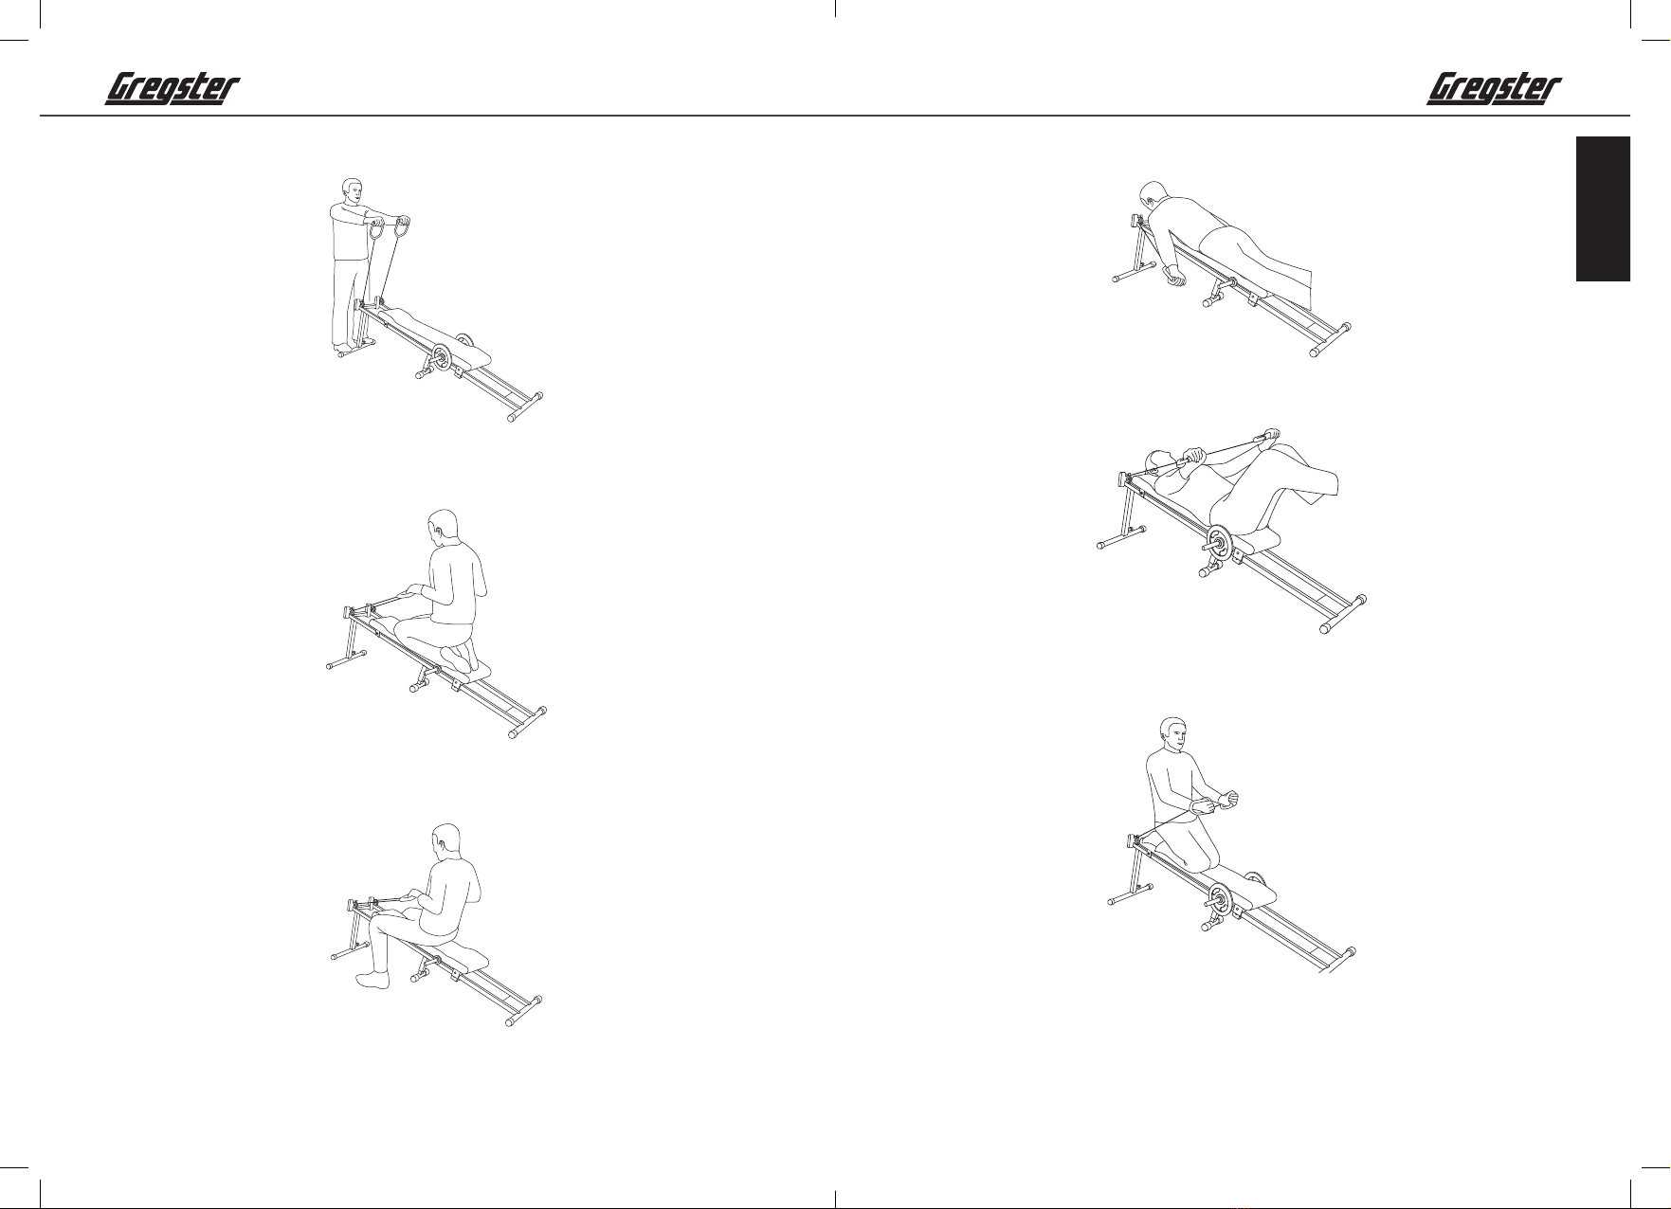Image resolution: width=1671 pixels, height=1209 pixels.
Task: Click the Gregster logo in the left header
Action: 171,90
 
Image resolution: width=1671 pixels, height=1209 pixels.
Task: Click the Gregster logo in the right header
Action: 1494,90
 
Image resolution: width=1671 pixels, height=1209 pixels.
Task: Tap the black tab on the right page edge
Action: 1603,209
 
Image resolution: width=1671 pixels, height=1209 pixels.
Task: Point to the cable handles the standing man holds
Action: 391,229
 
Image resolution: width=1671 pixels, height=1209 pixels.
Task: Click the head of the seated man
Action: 445,842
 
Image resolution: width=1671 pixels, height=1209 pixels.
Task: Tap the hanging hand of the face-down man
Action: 1176,276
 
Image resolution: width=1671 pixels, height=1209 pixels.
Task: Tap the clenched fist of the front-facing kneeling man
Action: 1229,798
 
